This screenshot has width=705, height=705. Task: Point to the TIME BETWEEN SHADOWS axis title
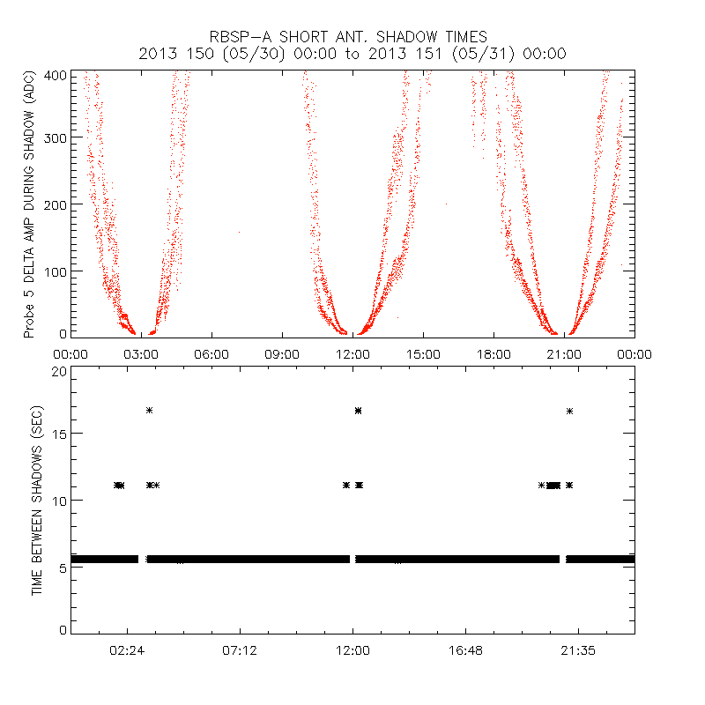point(37,501)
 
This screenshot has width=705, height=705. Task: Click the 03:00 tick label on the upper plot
point(141,354)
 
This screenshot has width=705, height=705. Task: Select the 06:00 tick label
point(211,354)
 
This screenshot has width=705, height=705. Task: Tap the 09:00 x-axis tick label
point(282,354)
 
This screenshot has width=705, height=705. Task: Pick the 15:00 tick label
point(423,354)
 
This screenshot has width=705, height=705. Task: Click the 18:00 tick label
point(493,354)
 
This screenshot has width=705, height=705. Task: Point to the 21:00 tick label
point(564,354)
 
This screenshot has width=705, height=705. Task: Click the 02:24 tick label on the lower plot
point(127,649)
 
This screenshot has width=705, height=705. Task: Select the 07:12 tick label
point(240,649)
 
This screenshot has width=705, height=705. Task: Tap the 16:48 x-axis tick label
point(465,649)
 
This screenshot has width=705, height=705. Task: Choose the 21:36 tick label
point(578,649)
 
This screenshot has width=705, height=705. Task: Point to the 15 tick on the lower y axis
point(58,434)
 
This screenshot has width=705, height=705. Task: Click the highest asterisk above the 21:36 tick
point(570,411)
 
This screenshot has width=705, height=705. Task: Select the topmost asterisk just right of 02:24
point(150,410)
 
